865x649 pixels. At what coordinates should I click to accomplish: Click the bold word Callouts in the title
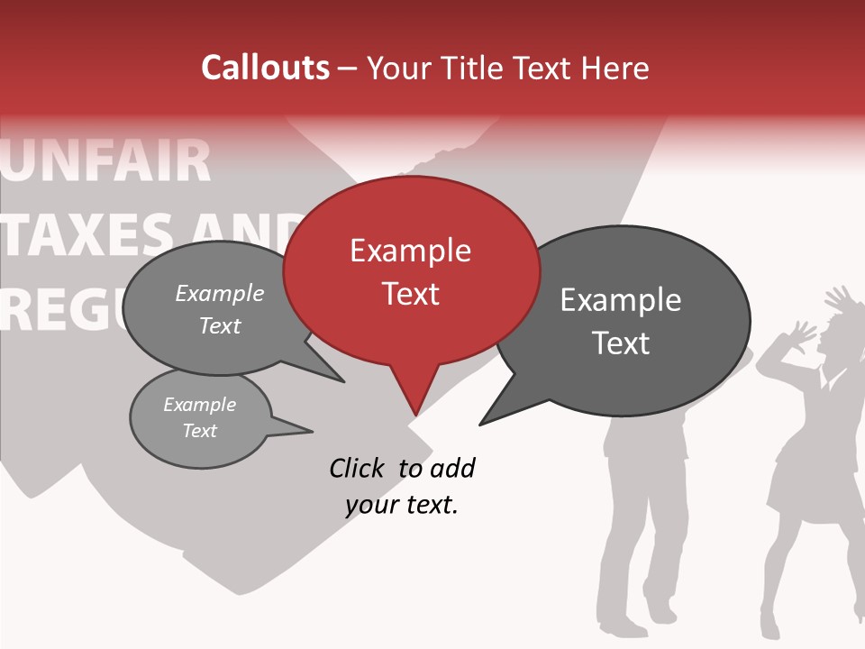click(x=265, y=68)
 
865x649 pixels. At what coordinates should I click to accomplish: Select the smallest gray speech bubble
click(x=200, y=418)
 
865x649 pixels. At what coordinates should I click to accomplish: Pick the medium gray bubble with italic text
click(x=212, y=308)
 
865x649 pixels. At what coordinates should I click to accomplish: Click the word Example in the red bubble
click(x=410, y=251)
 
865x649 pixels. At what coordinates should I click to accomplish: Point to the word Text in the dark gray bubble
click(x=621, y=343)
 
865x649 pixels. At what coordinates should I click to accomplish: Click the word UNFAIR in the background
click(x=108, y=160)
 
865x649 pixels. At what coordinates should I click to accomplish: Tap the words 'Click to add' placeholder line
click(x=402, y=468)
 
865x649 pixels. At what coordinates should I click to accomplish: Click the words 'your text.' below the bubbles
click(x=402, y=505)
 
